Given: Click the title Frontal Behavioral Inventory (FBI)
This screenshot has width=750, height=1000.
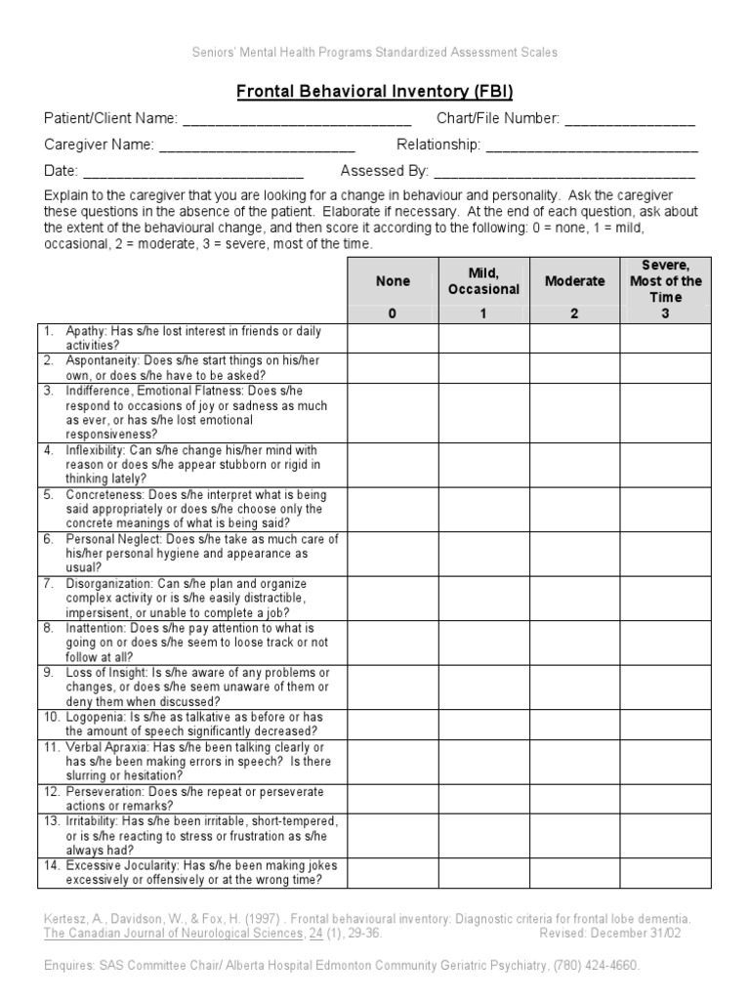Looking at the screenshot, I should pos(375,93).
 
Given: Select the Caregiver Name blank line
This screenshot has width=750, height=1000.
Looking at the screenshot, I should pos(256,146).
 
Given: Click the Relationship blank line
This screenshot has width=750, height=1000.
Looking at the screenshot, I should pos(592,146).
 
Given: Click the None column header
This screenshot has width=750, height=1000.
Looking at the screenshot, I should pos(393,281).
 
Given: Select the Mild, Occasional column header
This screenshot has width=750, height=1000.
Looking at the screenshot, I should pos(483,281).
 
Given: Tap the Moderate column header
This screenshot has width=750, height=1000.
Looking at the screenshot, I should pos(574,281).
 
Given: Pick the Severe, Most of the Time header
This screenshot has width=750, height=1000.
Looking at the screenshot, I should pos(666,280).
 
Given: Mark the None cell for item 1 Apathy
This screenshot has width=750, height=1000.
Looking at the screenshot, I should pos(393,338).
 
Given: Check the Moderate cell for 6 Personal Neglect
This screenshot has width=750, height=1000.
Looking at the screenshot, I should pos(574,553).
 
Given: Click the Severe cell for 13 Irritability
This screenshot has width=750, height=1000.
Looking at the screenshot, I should pos(666,836).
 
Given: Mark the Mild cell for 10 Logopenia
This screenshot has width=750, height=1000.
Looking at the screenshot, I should pos(483,724).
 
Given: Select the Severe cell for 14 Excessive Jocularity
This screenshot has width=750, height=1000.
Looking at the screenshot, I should pos(666,873).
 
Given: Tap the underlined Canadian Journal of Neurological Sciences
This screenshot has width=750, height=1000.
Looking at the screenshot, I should pos(174,933).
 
